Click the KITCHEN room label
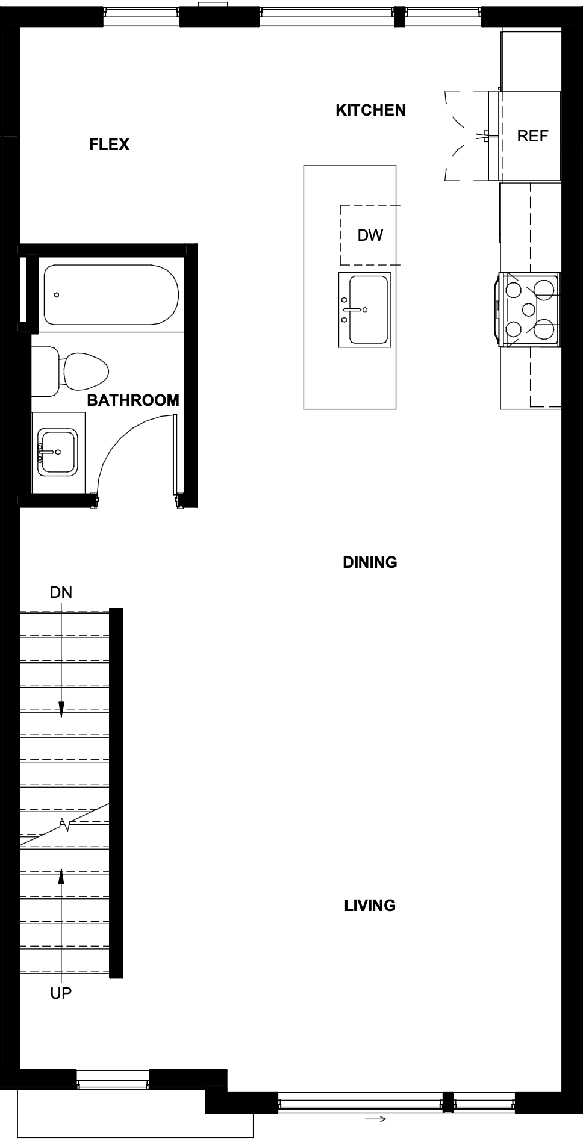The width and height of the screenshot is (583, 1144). pyautogui.click(x=370, y=110)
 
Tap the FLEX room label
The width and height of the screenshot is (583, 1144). pyautogui.click(x=110, y=145)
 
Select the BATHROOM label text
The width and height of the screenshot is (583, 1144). pyautogui.click(x=133, y=400)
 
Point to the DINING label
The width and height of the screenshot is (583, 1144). pyautogui.click(x=370, y=562)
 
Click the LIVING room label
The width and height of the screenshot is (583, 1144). pyautogui.click(x=370, y=906)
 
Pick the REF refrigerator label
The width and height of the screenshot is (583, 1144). pyautogui.click(x=533, y=136)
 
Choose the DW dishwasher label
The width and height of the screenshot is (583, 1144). pyautogui.click(x=370, y=235)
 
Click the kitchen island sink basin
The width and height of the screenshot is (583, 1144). pyautogui.click(x=369, y=309)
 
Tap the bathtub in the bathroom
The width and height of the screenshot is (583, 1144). pyautogui.click(x=111, y=295)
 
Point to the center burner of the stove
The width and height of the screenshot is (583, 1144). pyautogui.click(x=529, y=309)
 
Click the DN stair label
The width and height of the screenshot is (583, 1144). pyautogui.click(x=61, y=592)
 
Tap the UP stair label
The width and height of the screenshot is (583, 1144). pyautogui.click(x=61, y=993)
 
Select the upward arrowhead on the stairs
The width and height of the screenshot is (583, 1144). pyautogui.click(x=61, y=875)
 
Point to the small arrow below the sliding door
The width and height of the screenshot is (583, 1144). pyautogui.click(x=375, y=1119)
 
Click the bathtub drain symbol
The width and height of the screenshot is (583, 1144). pyautogui.click(x=56, y=295)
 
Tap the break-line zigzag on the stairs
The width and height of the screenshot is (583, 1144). pyautogui.click(x=64, y=824)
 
